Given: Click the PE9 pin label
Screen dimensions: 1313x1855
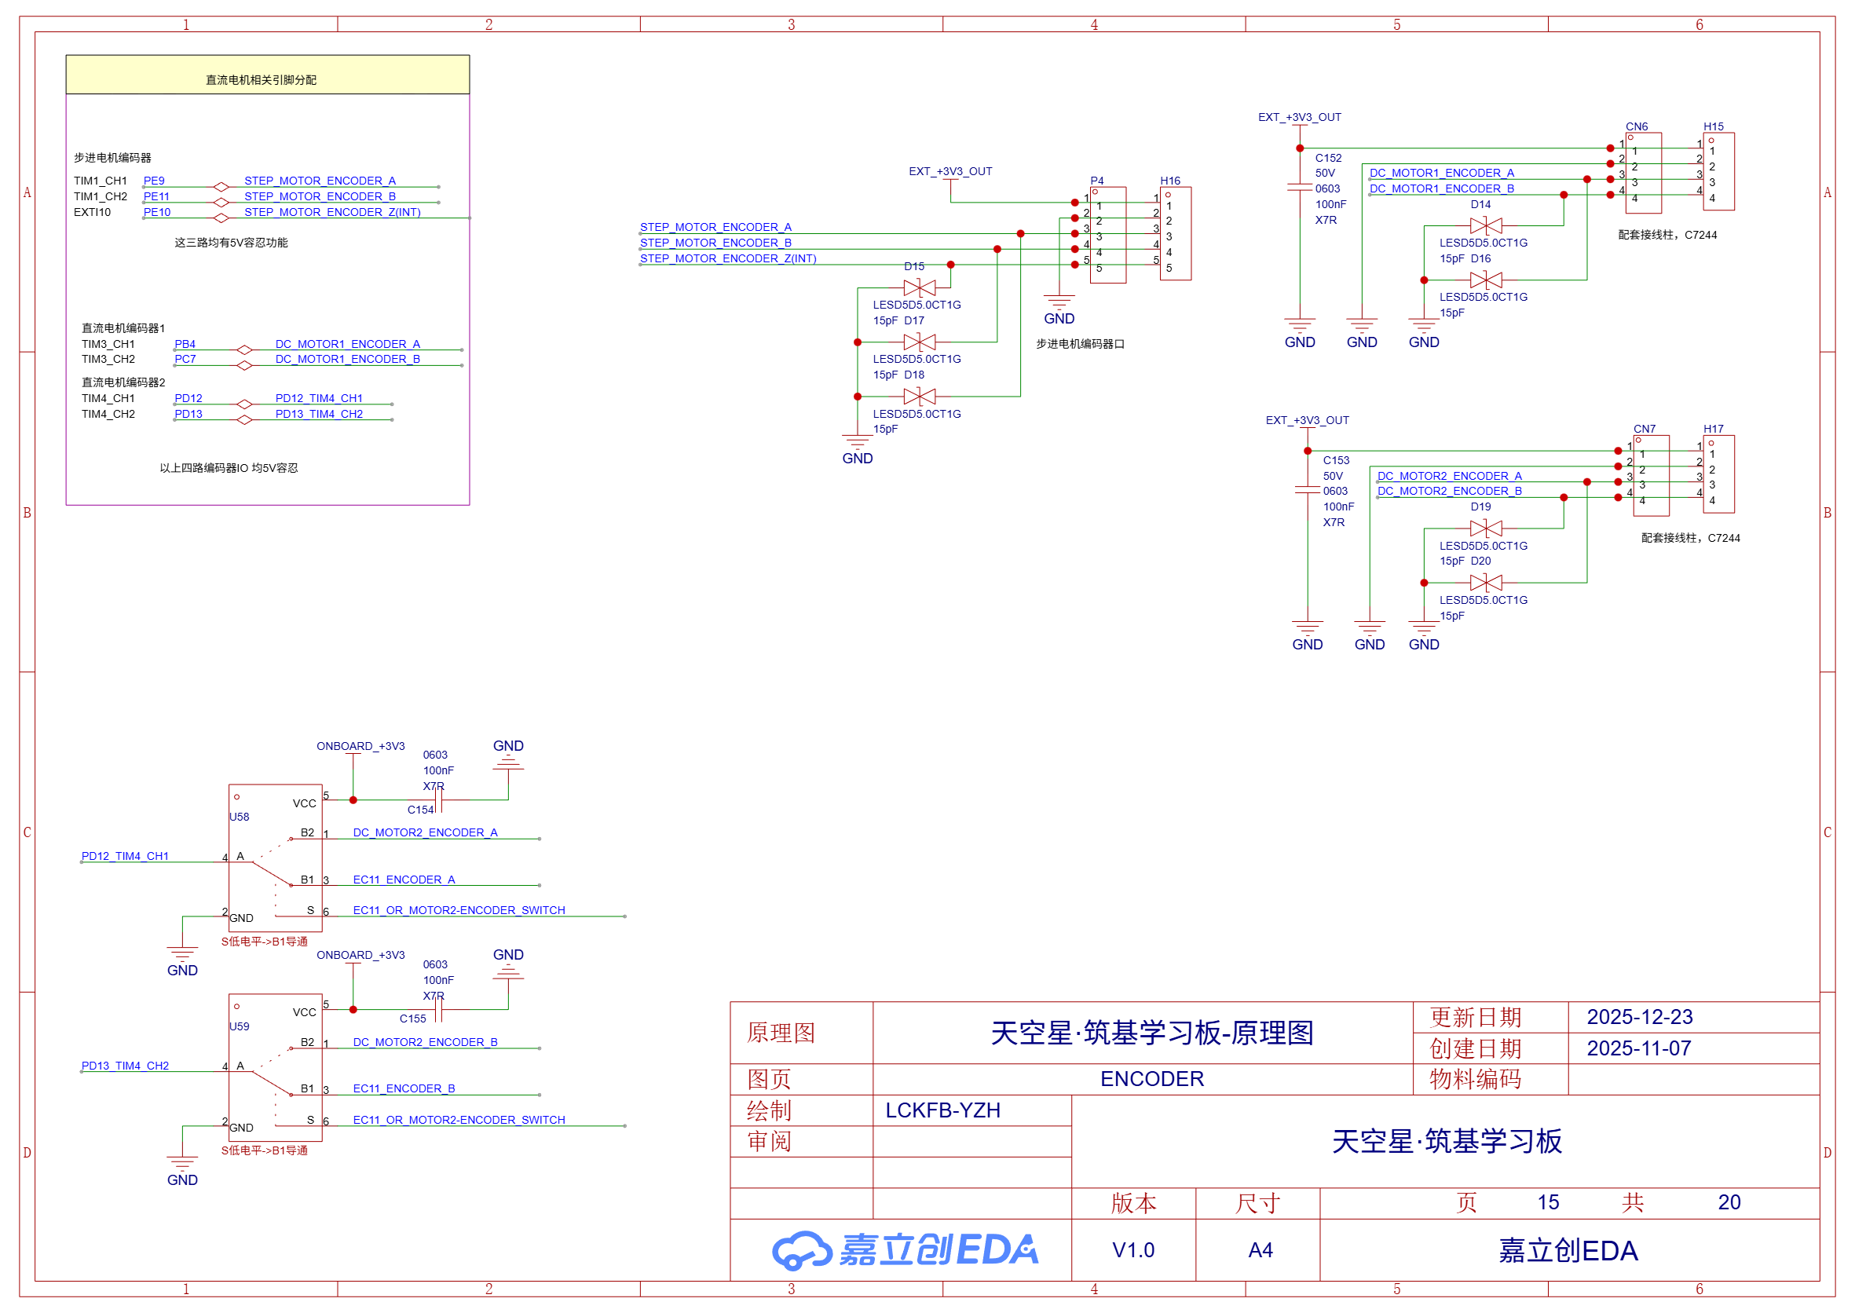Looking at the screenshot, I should (x=154, y=181).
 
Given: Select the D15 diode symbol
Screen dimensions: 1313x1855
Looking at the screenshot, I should (x=920, y=288).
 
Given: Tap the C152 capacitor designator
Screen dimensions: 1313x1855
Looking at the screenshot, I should (x=1328, y=158).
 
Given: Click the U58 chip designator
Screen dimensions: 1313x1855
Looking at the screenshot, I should (x=240, y=817).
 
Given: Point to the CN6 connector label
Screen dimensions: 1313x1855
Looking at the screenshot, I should (x=1636, y=126).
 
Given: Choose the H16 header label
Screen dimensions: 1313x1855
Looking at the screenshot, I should (x=1169, y=181).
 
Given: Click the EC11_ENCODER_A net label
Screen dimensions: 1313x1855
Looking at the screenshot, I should (x=404, y=880).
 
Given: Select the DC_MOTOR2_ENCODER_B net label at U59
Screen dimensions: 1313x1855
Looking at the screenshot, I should (x=425, y=1042).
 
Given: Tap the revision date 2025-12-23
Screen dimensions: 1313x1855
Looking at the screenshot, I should (x=1639, y=1017).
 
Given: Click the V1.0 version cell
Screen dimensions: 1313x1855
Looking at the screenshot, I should (x=1133, y=1250).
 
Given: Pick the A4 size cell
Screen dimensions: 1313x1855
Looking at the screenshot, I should (x=1260, y=1250).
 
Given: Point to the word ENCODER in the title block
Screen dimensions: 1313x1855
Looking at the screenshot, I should (x=1151, y=1078).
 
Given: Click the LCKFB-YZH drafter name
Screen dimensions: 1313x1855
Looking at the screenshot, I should (x=942, y=1110).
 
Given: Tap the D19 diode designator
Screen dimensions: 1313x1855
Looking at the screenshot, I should (x=1480, y=507).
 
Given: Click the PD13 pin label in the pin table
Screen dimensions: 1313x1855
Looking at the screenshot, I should (x=188, y=414).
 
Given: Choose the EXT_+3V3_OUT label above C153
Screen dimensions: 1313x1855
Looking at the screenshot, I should (x=1307, y=420).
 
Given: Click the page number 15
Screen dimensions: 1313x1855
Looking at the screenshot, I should (x=1548, y=1202).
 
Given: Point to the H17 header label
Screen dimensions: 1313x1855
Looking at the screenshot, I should (x=1713, y=429).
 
